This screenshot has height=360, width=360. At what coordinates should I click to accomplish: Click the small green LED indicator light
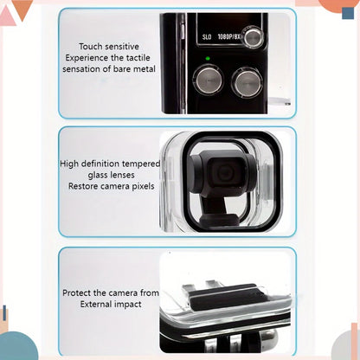[x=208, y=59]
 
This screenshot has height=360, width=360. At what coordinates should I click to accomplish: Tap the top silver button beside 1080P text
[x=254, y=37]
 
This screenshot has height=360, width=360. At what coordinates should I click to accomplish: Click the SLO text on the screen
[x=207, y=37]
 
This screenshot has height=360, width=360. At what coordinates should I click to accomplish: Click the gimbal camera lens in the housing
[x=225, y=172]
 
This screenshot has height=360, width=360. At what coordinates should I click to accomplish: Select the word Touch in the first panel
[x=90, y=47]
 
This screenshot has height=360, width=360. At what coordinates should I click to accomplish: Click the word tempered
[x=141, y=164]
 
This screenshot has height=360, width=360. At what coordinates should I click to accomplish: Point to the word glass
[x=99, y=175]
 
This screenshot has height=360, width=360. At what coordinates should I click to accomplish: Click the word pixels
[x=143, y=187]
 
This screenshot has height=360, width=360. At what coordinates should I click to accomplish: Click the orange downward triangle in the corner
[x=22, y=9]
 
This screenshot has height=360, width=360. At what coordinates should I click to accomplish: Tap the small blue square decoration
[x=348, y=13]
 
